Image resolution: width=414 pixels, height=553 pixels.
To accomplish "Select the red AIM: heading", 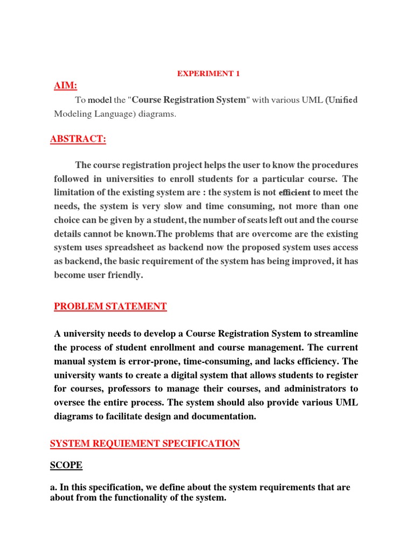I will coord(65,86).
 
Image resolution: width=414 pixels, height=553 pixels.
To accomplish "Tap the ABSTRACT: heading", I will coord(78,139).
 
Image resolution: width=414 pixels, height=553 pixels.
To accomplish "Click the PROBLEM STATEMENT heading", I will coord(111,307).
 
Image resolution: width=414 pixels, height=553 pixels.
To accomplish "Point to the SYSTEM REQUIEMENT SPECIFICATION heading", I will coord(144,444).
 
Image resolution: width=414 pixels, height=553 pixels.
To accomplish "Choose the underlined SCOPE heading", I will coord(66,465).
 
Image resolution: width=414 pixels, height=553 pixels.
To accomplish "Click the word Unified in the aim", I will coord(342,100).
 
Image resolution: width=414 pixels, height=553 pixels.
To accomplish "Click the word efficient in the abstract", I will coord(294,193).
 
